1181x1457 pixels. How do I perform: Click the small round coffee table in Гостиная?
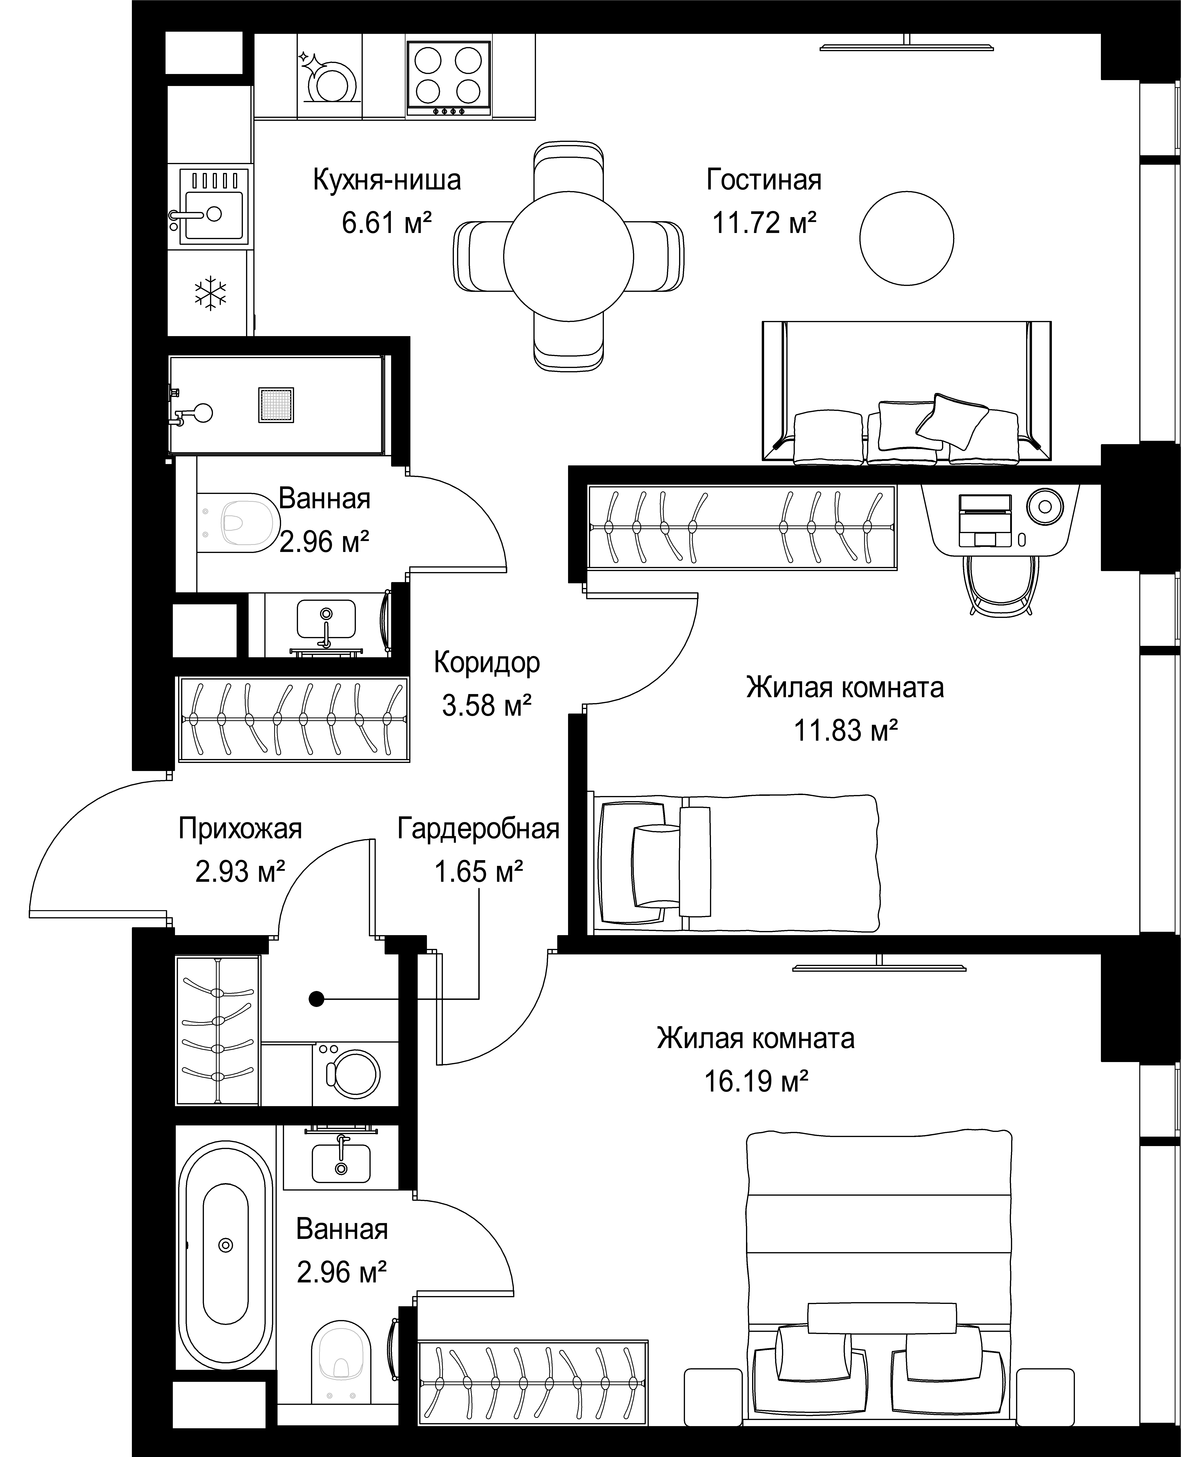906,238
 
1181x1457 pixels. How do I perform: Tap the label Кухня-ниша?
386,180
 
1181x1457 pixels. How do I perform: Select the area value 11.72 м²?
764,222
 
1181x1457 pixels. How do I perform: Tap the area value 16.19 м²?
756,1081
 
